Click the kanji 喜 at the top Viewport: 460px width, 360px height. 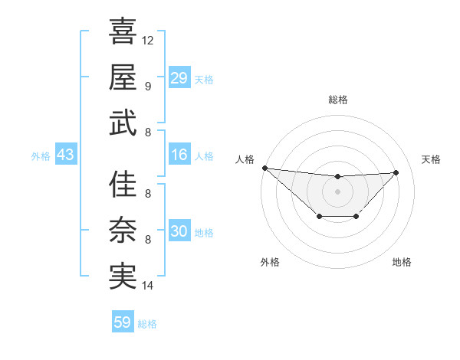pos(123,32)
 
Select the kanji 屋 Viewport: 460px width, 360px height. pos(123,77)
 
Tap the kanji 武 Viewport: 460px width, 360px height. pos(123,123)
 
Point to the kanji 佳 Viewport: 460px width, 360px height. pos(123,185)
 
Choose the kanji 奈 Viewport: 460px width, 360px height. pos(123,230)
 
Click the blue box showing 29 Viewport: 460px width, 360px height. pos(179,78)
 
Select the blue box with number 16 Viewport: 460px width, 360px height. pos(179,155)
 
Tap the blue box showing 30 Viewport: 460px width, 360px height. pos(179,231)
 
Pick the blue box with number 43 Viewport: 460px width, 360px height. pos(66,155)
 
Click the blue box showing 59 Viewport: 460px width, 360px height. pos(123,322)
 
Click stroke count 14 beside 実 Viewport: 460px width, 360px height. pos(148,286)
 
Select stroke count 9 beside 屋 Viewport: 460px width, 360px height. pos(148,86)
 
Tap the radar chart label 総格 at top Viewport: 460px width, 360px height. pos(337,100)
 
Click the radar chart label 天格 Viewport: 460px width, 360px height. pos(432,159)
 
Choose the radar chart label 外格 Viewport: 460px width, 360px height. pos(270,262)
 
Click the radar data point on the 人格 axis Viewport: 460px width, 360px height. pos(264,168)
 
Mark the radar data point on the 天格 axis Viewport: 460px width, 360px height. pos(396,172)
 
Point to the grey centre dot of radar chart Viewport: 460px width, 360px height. pos(337,191)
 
